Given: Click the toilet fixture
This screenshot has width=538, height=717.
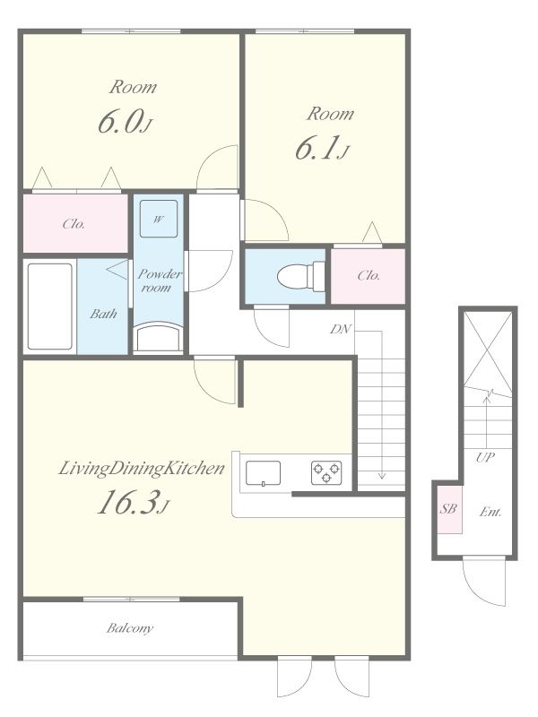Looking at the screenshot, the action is [301, 276].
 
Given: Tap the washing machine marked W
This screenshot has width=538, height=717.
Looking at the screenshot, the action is [159, 219].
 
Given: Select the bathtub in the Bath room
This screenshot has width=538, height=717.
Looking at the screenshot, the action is [50, 307].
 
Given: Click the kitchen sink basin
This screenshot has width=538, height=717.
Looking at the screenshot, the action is [263, 473].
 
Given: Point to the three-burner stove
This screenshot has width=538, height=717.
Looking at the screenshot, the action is [326, 473].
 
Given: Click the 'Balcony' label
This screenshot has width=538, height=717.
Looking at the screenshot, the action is [130, 628].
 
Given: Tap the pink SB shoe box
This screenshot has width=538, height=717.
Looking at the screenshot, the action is [449, 509].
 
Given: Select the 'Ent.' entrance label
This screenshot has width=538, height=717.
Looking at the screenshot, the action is [490, 512].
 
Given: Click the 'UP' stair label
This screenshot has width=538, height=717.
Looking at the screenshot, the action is [485, 457].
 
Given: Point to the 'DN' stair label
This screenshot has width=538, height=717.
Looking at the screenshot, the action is [341, 329].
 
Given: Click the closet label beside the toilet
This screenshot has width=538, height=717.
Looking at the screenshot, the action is [369, 275].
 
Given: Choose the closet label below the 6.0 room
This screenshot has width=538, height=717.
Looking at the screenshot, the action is [74, 223].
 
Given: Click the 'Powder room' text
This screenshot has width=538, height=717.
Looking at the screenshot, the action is [160, 281].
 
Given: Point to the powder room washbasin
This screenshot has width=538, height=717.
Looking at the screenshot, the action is [159, 336].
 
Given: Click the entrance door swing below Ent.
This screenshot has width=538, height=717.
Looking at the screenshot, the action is [484, 581].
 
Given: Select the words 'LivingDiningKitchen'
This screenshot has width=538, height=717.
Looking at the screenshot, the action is [142, 468].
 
